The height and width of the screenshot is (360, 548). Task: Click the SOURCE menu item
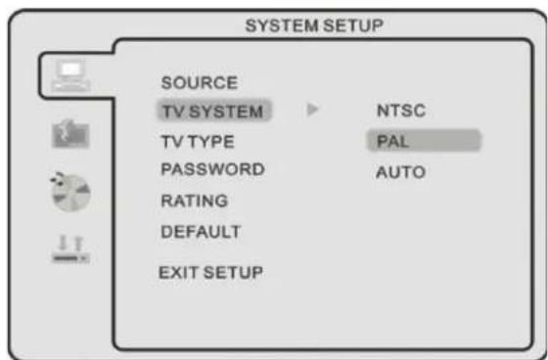[198, 81]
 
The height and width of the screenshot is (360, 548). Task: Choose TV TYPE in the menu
[197, 141]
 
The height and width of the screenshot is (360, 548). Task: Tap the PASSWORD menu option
[211, 169]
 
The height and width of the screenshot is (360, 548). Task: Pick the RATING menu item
[195, 202]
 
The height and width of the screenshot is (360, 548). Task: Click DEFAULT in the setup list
[200, 232]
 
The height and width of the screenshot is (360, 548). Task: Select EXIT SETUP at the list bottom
[210, 271]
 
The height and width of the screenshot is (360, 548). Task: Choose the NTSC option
[400, 112]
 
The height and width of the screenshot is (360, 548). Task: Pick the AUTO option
[400, 172]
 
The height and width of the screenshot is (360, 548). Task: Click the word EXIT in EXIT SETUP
[177, 271]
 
